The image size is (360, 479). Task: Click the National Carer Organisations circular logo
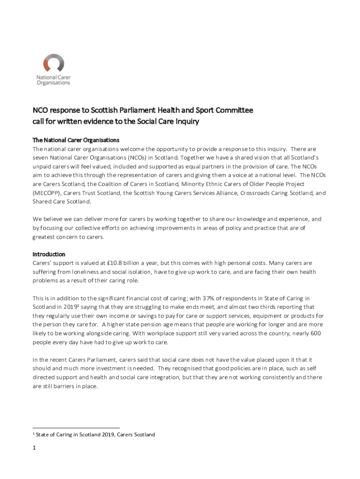click(53, 63)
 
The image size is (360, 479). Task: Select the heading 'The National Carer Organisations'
click(76, 140)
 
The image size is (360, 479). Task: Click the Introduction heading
click(49, 254)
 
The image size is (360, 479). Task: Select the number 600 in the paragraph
click(316, 334)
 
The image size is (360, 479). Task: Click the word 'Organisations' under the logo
click(53, 83)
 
